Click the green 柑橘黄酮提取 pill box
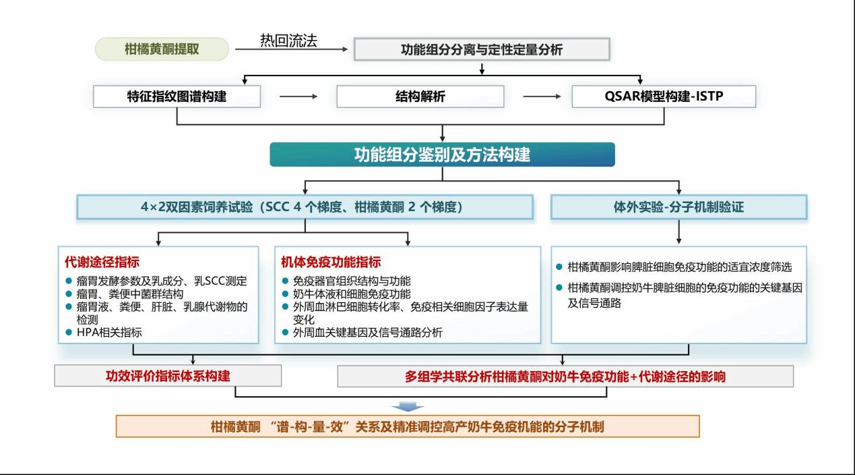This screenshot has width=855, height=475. [162, 49]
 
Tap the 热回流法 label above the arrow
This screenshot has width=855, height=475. [288, 40]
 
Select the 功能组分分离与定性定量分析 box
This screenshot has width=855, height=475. [482, 50]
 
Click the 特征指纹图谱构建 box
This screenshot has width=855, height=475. [177, 96]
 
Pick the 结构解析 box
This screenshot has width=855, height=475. [420, 96]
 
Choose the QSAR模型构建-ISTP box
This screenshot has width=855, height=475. [663, 96]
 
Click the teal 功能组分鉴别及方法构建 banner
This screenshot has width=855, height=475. [442, 155]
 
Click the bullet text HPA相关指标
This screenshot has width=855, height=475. [108, 333]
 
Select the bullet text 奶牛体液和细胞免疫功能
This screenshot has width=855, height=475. [351, 294]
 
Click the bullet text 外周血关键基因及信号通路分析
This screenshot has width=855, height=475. [368, 333]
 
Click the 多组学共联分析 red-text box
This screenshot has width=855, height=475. [565, 376]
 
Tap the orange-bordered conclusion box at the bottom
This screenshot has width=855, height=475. [408, 426]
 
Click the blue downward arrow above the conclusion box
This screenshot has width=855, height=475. [408, 406]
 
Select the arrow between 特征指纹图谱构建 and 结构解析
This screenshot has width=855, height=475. [298, 96]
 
